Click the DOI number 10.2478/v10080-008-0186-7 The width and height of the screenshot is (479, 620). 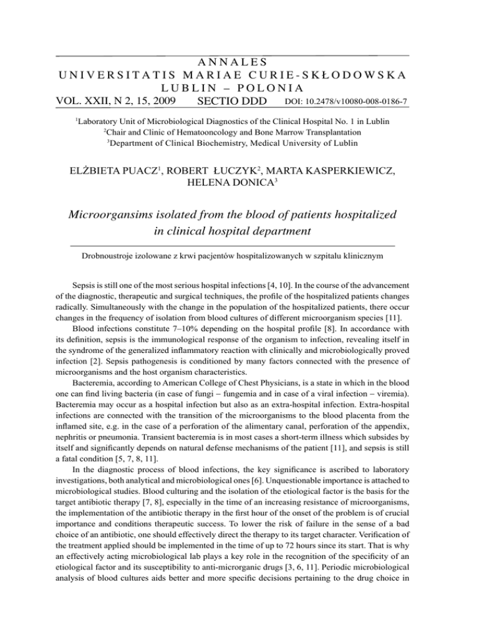(362, 102)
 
